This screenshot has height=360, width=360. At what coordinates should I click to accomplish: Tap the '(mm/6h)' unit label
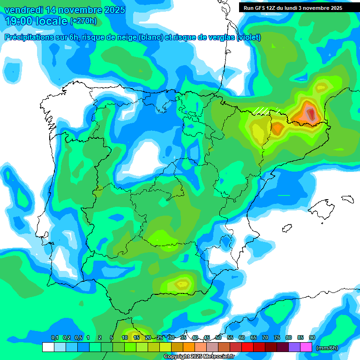[x=327, y=347]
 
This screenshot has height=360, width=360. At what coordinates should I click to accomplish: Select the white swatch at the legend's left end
[x=48, y=347]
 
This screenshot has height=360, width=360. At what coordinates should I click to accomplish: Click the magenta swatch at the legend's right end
[x=306, y=347]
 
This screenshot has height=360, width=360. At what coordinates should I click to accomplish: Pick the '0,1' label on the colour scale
[x=54, y=338]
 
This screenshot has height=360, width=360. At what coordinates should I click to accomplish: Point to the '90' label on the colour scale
[x=312, y=338]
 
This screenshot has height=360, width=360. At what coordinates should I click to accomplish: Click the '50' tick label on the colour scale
[x=218, y=338]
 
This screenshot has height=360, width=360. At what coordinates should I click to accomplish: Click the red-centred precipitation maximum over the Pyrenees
[x=311, y=113]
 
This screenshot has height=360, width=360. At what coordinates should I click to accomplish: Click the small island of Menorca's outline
[x=347, y=200]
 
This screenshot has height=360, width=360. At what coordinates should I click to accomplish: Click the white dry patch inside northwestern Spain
[x=146, y=157]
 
